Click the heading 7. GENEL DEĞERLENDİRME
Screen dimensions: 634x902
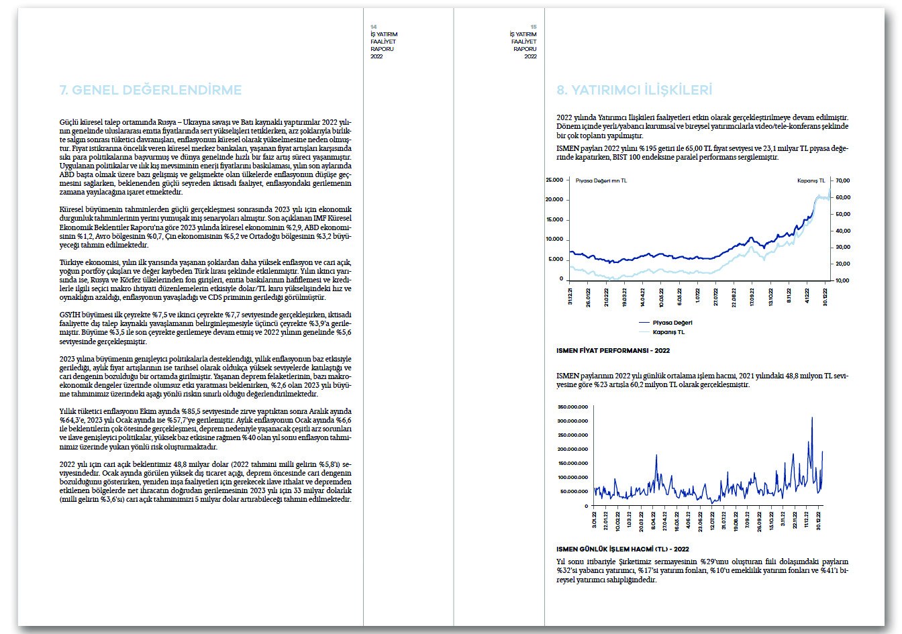[x=150, y=91]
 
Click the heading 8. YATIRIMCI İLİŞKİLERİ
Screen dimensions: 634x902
[x=634, y=91]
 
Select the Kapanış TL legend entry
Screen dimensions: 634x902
[x=668, y=331]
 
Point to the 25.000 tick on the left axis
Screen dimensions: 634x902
[x=554, y=180]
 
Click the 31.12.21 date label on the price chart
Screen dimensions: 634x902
[x=571, y=297]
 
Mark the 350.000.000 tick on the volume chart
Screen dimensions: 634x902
[x=572, y=407]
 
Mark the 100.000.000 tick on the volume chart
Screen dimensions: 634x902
[x=572, y=478]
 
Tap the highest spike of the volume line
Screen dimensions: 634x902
[x=812, y=418]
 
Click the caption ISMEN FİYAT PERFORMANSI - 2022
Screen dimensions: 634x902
[x=613, y=350]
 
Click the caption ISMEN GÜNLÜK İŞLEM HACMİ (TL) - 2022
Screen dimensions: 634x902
[x=623, y=548]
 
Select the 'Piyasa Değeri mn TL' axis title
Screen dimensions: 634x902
[x=601, y=180]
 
